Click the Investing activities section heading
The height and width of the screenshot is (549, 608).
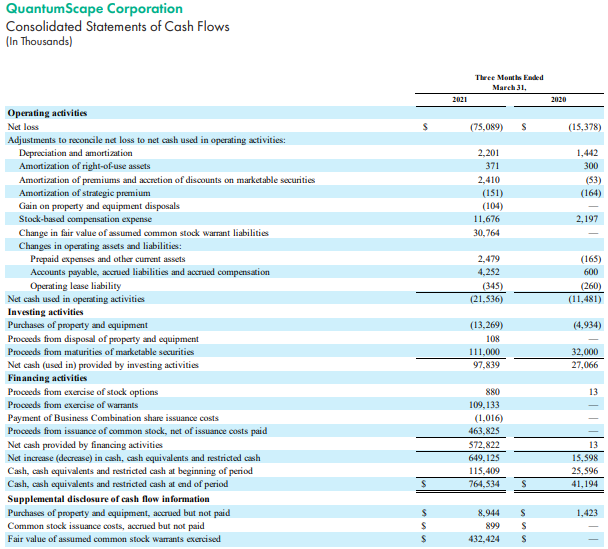45,312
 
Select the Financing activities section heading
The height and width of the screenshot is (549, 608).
46,378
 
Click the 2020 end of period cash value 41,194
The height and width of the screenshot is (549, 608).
583,484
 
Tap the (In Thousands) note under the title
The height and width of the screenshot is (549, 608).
39,42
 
